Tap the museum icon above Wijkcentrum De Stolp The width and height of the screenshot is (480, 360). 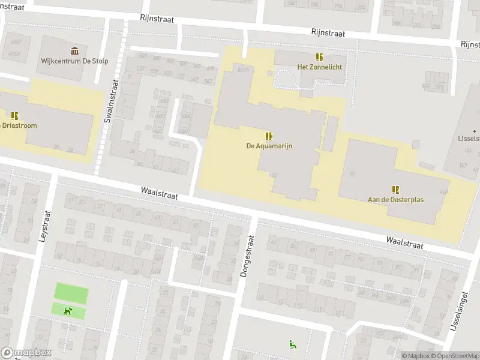[74, 50]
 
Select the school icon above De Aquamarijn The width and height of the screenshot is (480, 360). [269, 136]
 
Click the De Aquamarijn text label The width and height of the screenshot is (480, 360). [269, 146]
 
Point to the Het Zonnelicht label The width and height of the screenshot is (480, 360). [320, 67]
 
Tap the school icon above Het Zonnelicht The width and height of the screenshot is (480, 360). [320, 57]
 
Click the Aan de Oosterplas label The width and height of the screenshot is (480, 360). [395, 199]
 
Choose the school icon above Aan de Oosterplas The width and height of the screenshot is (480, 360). [395, 189]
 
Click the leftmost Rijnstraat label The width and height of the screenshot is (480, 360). [157, 19]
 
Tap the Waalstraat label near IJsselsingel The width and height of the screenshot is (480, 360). [404, 242]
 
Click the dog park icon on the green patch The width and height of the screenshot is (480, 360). [68, 311]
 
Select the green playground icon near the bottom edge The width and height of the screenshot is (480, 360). [292, 344]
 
